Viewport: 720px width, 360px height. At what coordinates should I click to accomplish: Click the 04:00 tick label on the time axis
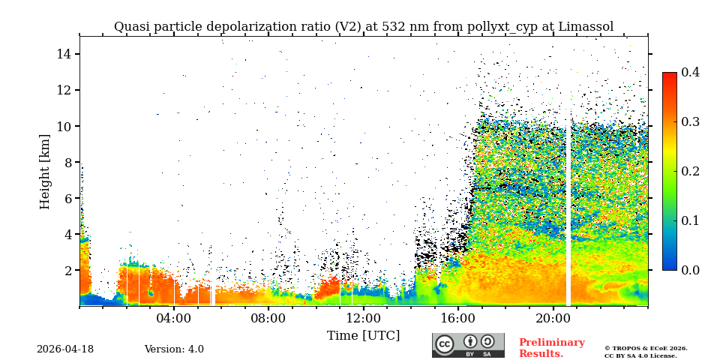[x=174, y=318]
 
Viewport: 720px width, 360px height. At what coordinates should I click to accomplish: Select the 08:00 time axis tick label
[x=268, y=318]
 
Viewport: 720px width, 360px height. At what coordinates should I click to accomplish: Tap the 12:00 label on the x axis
[x=363, y=318]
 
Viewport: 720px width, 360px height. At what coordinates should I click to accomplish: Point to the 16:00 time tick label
[x=457, y=318]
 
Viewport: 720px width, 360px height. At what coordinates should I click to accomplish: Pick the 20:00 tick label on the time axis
[x=552, y=318]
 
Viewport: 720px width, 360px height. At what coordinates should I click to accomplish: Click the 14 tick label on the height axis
[x=63, y=54]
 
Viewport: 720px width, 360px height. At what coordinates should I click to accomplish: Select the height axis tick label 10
[x=63, y=126]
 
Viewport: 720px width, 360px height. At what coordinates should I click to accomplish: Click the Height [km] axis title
[x=45, y=171]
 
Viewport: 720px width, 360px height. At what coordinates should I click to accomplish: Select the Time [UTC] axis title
[x=363, y=335]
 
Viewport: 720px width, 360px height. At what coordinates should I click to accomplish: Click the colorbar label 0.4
[x=690, y=72]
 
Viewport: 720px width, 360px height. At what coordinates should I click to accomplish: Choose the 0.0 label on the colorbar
[x=690, y=270]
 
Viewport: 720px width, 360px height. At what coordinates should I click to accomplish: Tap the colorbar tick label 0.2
[x=690, y=171]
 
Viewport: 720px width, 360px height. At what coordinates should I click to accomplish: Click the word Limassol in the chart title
[x=585, y=27]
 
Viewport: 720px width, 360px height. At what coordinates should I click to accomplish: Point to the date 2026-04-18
[x=65, y=349]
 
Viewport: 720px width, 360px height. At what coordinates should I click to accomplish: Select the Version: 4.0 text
[x=174, y=349]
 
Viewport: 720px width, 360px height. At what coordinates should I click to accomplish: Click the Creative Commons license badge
[x=468, y=345]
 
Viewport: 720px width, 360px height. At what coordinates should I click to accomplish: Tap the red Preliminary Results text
[x=551, y=348]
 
